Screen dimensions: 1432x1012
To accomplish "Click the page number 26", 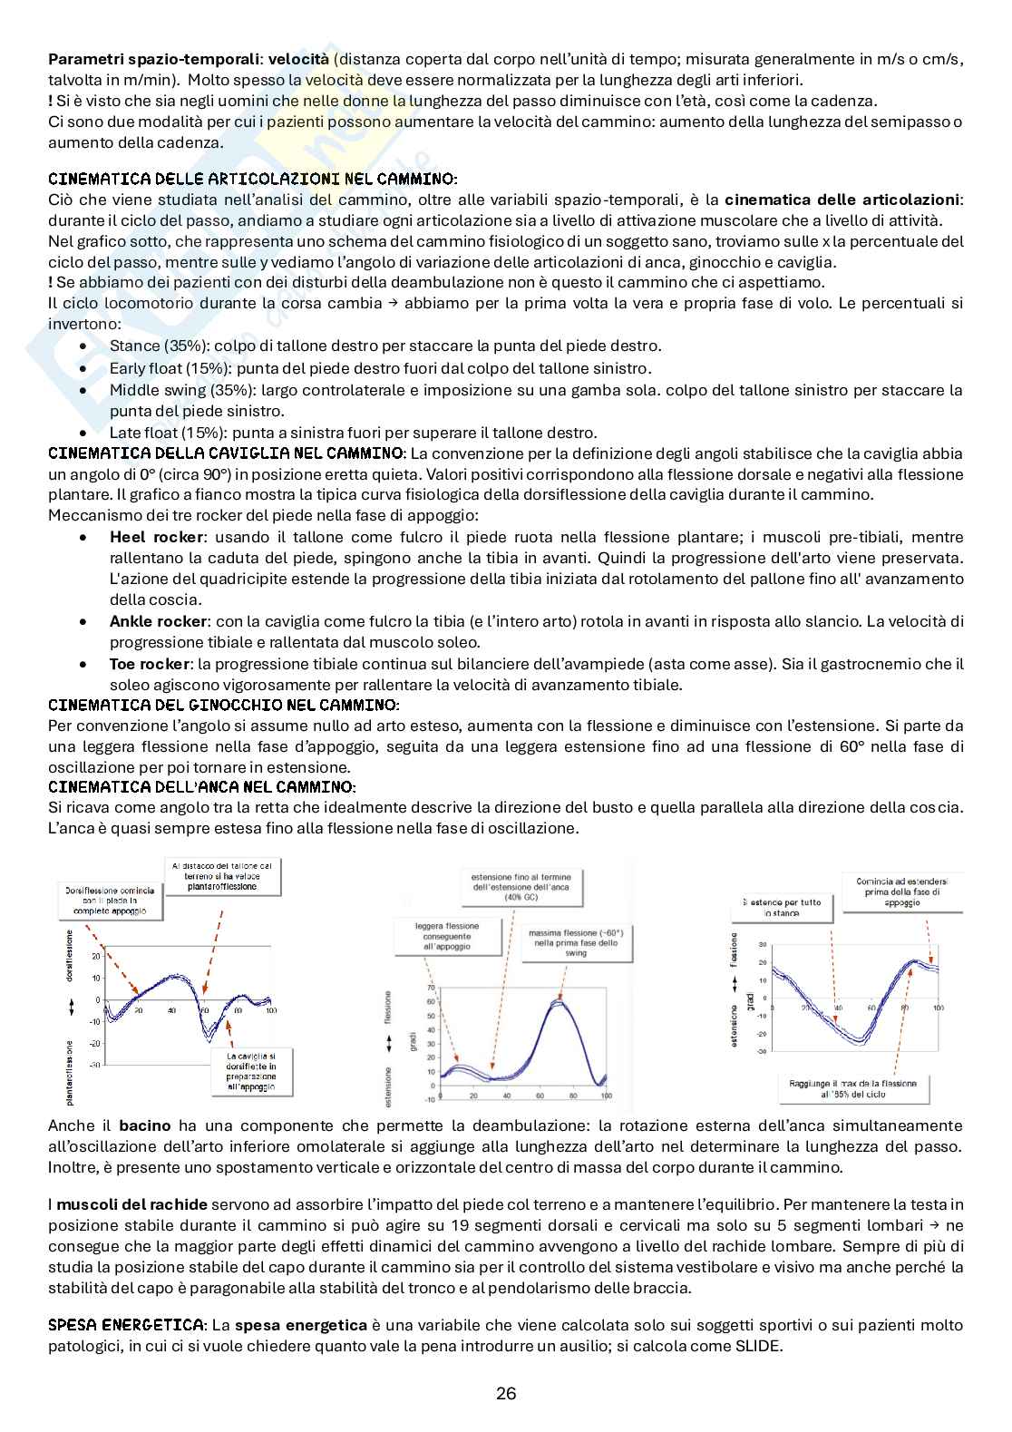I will click(x=506, y=1394).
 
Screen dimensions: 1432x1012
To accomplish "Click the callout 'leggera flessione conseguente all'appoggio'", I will click(x=448, y=935).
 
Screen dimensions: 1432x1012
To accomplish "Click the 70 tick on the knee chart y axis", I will click(x=431, y=986).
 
